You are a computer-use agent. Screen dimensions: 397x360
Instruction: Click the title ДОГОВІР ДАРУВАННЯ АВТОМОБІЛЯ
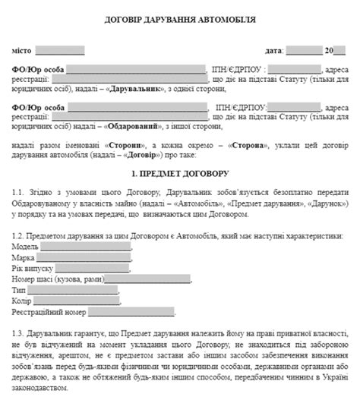pyautogui.click(x=181, y=20)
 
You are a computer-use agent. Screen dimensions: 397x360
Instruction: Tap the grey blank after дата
pyautogui.click(x=305, y=51)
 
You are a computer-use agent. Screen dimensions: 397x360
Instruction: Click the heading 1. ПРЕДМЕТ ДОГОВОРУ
pyautogui.click(x=180, y=175)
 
